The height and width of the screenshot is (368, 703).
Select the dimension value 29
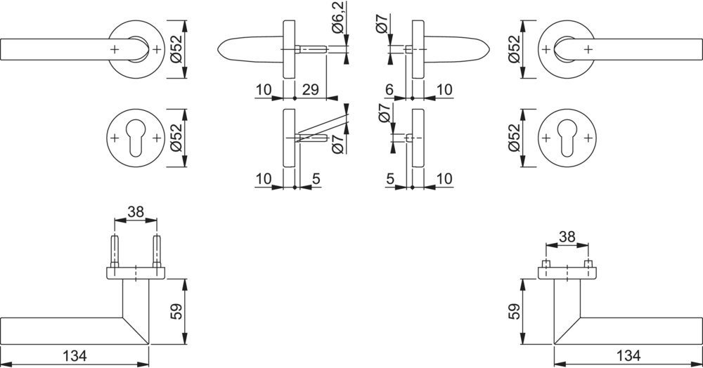pyautogui.click(x=310, y=89)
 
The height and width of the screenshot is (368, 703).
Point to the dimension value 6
pyautogui.click(x=389, y=89)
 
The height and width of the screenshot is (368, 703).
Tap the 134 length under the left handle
pyautogui.click(x=75, y=356)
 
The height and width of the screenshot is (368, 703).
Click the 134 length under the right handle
pyautogui.click(x=628, y=356)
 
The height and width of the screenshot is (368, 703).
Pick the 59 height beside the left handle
pyautogui.click(x=177, y=312)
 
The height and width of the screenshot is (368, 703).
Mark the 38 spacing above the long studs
pyautogui.click(x=136, y=211)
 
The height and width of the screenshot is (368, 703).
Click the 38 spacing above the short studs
pyautogui.click(x=567, y=237)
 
